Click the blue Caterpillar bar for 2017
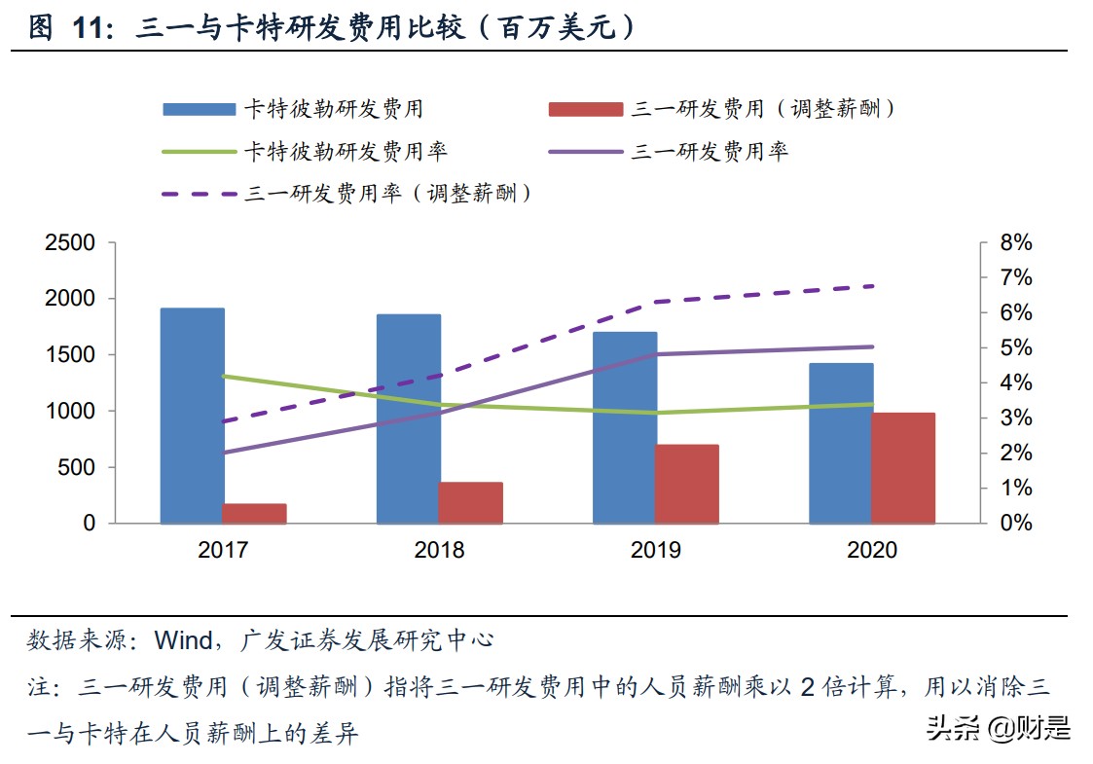click(x=193, y=416)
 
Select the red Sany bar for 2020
click(x=902, y=468)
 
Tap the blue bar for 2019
click(x=625, y=427)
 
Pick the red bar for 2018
click(x=470, y=502)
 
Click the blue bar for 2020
click(x=841, y=443)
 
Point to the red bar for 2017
click(x=254, y=513)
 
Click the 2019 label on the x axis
click(x=656, y=550)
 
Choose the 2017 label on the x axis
click(x=223, y=550)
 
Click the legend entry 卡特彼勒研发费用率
click(x=346, y=151)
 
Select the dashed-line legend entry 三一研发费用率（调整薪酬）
click(x=389, y=193)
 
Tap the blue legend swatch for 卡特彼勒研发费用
click(x=199, y=109)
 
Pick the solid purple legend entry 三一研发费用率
click(x=710, y=151)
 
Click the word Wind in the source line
click(x=184, y=639)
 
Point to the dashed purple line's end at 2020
click(x=873, y=286)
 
